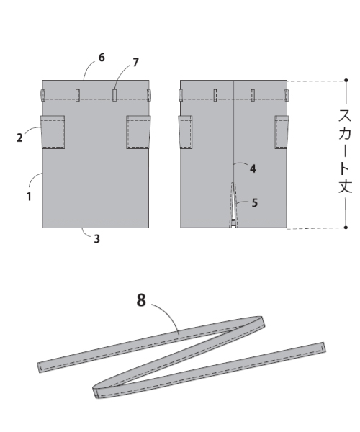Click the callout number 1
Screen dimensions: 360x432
click(29, 197)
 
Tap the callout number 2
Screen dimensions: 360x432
click(19, 138)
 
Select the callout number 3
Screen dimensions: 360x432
click(96, 239)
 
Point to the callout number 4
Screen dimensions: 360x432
click(253, 168)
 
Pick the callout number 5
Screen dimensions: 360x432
click(255, 203)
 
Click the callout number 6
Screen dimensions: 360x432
click(102, 58)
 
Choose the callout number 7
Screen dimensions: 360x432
click(135, 63)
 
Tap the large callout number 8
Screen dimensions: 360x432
click(141, 300)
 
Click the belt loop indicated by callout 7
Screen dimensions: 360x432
click(114, 95)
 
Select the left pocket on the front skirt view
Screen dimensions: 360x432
click(53, 132)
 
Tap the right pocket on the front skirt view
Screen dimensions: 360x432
click(138, 132)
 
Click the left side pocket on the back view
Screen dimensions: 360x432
click(186, 132)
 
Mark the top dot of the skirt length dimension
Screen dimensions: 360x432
click(346, 80)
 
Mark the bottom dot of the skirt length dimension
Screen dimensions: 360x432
click(346, 228)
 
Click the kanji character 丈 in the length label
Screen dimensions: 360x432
click(345, 186)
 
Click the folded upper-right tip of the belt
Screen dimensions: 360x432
click(261, 321)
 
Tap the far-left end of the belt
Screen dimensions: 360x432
click(40, 368)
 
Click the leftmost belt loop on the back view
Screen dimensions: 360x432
click(181, 95)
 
